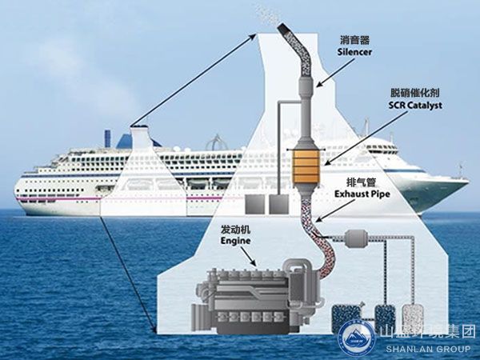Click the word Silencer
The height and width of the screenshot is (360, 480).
coord(353,50)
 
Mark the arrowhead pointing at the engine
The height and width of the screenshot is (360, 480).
coord(256,263)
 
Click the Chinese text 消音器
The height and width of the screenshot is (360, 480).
coord(353,38)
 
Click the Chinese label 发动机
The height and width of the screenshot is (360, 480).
coord(234,227)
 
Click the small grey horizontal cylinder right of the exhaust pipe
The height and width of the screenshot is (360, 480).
coord(354,238)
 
